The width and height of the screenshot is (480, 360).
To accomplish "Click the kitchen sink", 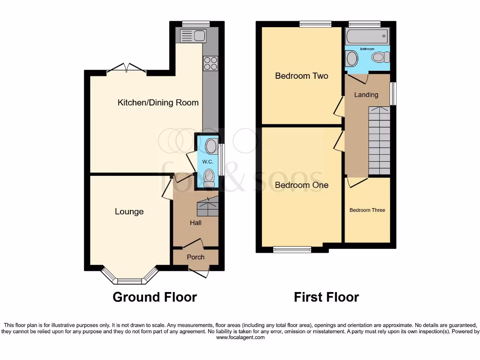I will tap(193, 35).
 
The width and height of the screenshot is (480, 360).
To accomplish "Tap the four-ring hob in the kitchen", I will tap(210, 63).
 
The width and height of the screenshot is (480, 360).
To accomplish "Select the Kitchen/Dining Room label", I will tap(158, 103).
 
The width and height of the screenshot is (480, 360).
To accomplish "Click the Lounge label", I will tap(129, 211).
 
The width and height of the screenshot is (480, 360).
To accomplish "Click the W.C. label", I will tap(208, 162).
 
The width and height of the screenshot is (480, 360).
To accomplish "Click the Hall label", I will tap(195, 223).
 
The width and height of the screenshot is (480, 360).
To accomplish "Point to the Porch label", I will tap(195, 257).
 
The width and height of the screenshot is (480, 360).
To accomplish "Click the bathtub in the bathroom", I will tap(367, 36).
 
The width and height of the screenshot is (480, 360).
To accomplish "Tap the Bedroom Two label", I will tap(301, 76).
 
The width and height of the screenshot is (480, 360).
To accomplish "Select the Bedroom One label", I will tap(301, 185).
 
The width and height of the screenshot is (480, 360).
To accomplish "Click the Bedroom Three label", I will tap(367, 210).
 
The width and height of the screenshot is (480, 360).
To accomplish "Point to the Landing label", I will tap(366, 95).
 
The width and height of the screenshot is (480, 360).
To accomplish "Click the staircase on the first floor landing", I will tap(379, 141).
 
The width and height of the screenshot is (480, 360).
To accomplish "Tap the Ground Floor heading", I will tap(155, 297).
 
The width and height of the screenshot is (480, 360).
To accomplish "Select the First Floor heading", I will tap(326, 297).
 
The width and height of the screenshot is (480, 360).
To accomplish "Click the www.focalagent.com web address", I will tap(240, 337).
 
